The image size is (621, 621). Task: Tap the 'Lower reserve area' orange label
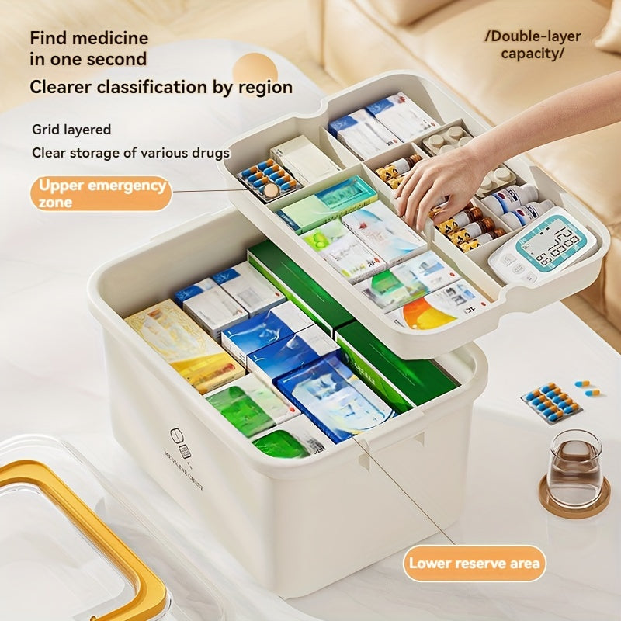pyautogui.click(x=474, y=564)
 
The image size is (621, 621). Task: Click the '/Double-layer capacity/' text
pyautogui.click(x=533, y=45)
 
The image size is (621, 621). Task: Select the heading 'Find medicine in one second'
pyautogui.click(x=88, y=48)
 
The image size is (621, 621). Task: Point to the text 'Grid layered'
pyautogui.click(x=71, y=130)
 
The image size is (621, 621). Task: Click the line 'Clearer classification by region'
pyautogui.click(x=161, y=87)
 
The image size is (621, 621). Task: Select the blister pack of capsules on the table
pyautogui.click(x=552, y=403)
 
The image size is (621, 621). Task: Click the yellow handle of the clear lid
pyautogui.click(x=116, y=543)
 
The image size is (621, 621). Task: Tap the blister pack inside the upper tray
pyautogui.click(x=268, y=179)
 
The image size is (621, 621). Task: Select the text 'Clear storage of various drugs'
pyautogui.click(x=130, y=152)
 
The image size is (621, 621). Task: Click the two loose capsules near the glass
pyautogui.click(x=587, y=388)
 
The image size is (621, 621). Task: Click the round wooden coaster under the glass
pyautogui.click(x=574, y=501)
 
